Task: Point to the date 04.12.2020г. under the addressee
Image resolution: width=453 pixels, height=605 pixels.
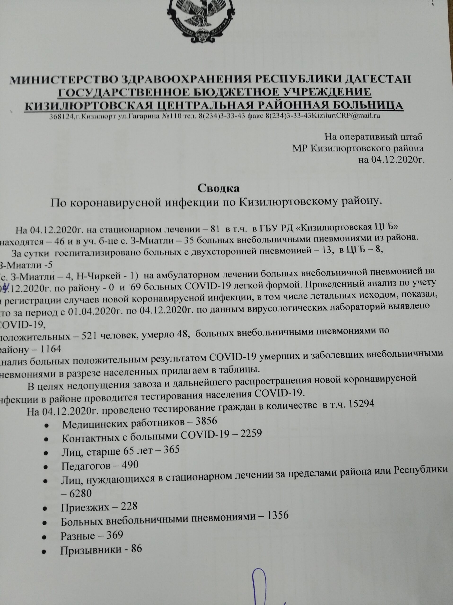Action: (392, 160)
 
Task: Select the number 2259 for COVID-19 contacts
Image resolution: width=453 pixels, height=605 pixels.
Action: (251, 434)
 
